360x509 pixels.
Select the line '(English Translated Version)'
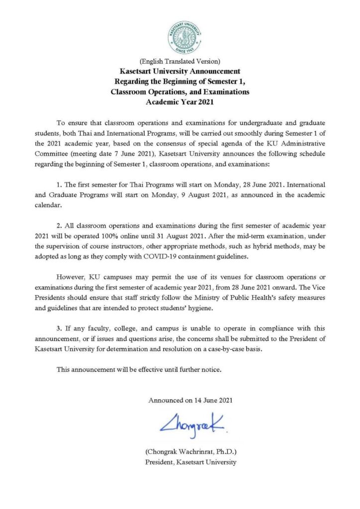(x=180, y=62)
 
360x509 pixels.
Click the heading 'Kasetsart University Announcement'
(x=180, y=72)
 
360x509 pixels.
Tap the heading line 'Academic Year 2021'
(x=180, y=103)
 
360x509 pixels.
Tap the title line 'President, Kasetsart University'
(x=190, y=462)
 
